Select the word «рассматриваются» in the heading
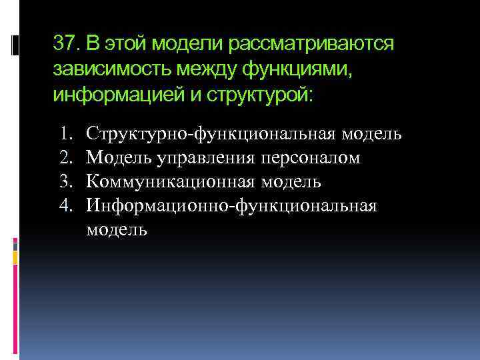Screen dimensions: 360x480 coord(313,44)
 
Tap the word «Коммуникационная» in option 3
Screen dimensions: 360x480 coord(174,182)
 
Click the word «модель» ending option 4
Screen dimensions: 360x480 coord(117,230)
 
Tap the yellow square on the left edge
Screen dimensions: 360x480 coord(15,256)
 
